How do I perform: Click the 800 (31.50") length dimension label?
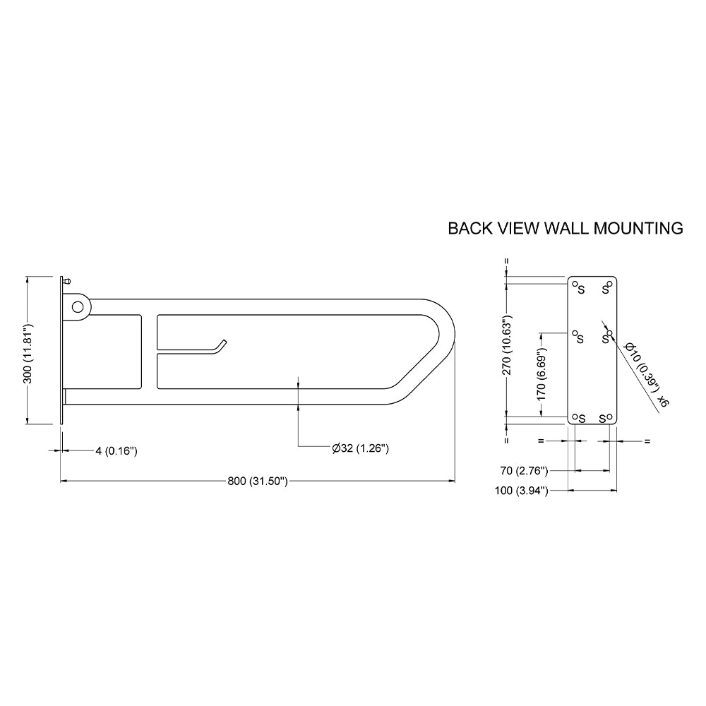point(257,481)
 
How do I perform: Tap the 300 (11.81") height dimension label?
point(28,350)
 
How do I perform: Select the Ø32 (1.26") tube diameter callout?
point(360,448)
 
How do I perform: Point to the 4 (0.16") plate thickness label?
point(116,450)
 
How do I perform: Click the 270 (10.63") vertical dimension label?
point(508,345)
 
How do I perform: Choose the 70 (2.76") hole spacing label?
point(524,471)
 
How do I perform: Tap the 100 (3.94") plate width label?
point(522,491)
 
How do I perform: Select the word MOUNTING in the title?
point(638,228)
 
